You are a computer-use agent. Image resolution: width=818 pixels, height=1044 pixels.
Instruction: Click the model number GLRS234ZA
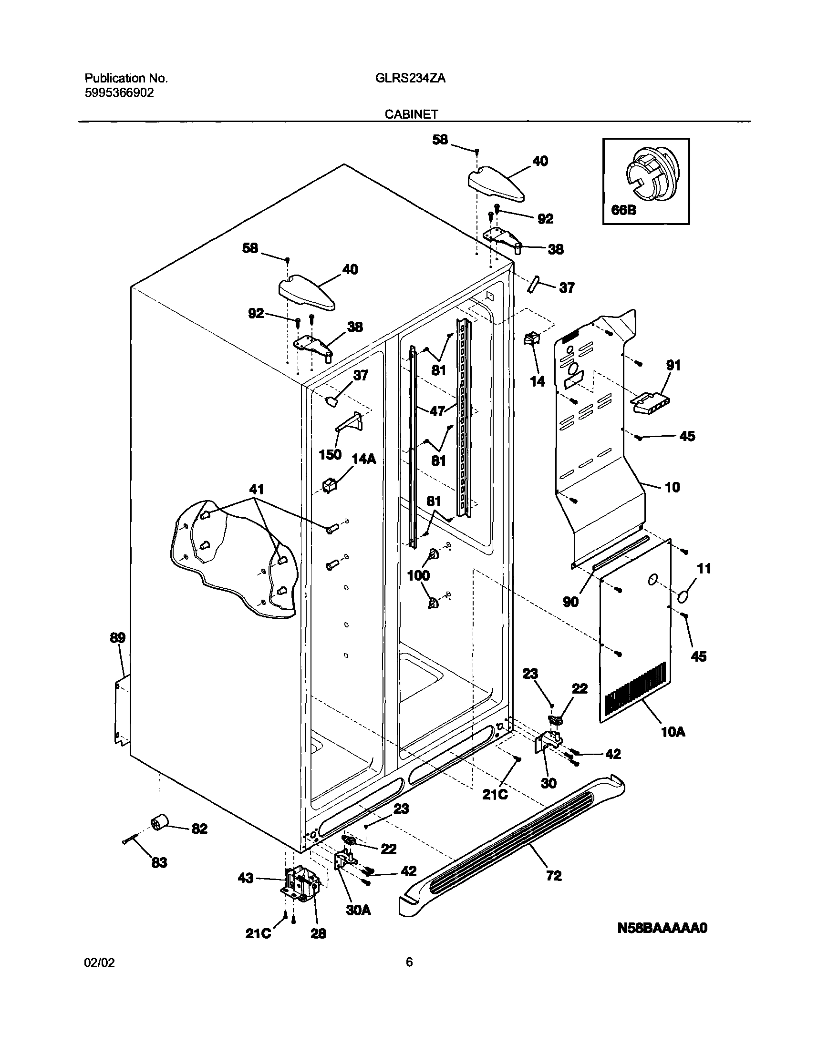411,78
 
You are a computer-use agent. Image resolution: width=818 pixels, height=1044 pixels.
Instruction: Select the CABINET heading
412,114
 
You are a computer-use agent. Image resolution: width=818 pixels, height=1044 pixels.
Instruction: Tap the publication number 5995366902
119,93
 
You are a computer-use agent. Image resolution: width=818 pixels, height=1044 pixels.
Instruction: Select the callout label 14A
364,460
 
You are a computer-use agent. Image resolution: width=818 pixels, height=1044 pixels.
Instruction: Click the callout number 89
117,638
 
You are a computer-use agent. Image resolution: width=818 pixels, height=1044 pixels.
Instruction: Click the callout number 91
673,365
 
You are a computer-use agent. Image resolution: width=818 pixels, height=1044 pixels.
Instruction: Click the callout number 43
246,879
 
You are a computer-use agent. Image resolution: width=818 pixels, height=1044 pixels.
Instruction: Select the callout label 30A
358,910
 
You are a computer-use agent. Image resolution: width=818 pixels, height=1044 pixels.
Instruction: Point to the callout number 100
418,575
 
